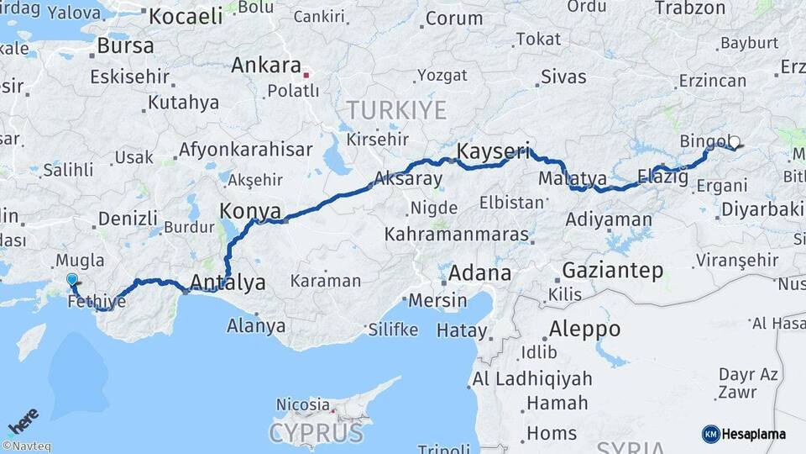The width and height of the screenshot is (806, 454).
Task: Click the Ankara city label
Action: [265, 66]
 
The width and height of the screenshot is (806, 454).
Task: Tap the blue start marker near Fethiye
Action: [72, 281]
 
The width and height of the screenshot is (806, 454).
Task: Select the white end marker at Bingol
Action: [735, 142]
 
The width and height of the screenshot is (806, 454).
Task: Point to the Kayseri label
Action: [493, 152]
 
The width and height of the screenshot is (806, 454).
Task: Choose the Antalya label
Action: [228, 282]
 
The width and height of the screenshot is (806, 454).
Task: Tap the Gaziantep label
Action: [612, 271]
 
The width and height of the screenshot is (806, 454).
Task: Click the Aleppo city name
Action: [585, 329]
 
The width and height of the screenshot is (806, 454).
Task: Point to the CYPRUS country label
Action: [316, 433]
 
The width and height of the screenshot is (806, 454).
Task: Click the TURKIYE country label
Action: [396, 109]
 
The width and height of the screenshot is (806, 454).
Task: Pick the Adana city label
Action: [479, 273]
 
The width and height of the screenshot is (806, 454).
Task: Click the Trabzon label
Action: [689, 8]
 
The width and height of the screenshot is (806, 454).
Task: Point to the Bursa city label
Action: [125, 45]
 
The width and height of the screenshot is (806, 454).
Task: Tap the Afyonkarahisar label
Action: [245, 150]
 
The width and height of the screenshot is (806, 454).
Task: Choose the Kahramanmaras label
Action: [457, 235]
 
